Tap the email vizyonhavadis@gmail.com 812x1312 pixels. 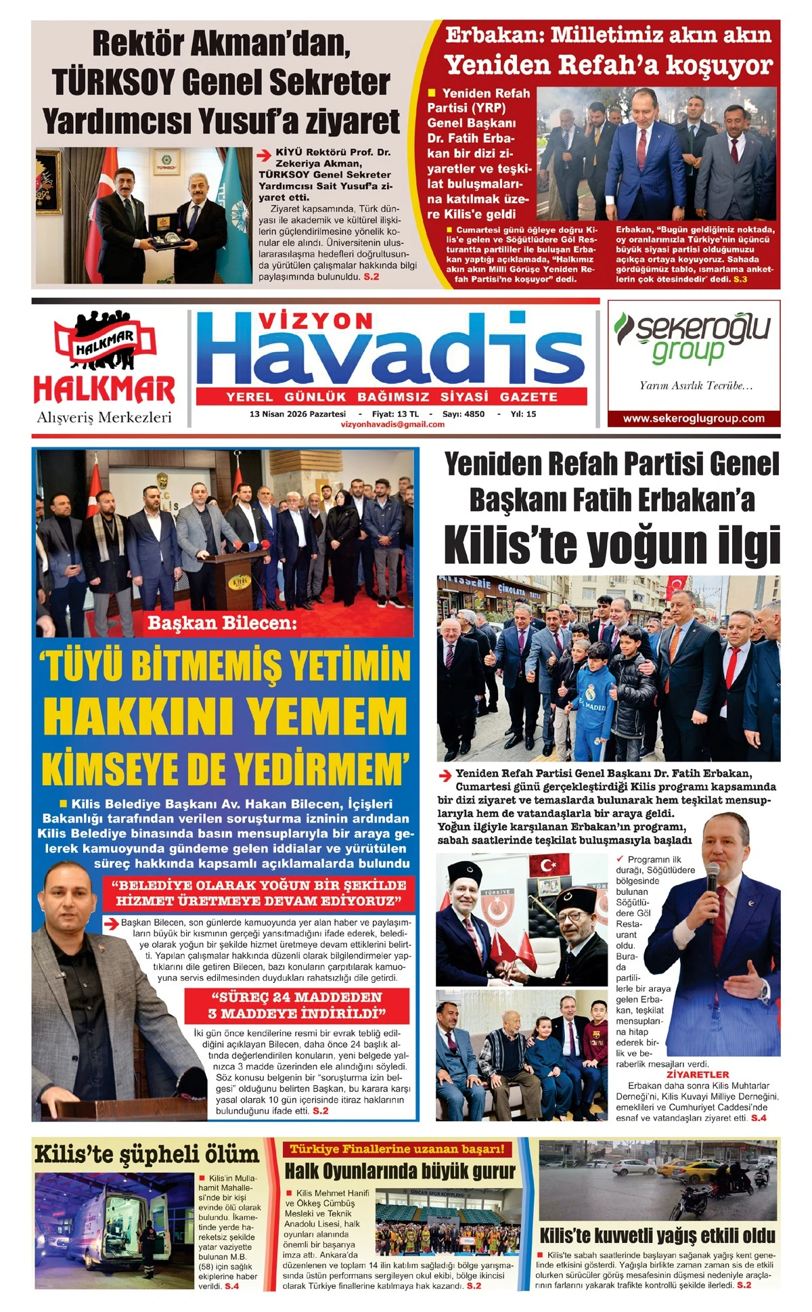click(392, 424)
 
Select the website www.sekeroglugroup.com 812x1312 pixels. click(694, 418)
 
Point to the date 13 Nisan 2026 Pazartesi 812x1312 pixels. click(298, 414)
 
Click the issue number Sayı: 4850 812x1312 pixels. click(464, 414)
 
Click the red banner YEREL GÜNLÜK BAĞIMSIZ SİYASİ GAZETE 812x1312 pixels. click(392, 397)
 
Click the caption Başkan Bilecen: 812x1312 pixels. click(222, 623)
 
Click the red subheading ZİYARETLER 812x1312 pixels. click(698, 1074)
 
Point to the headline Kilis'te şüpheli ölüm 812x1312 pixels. click(147, 1154)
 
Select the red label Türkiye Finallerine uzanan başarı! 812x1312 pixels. click(397, 1149)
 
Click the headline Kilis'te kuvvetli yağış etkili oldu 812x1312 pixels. click(657, 1236)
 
